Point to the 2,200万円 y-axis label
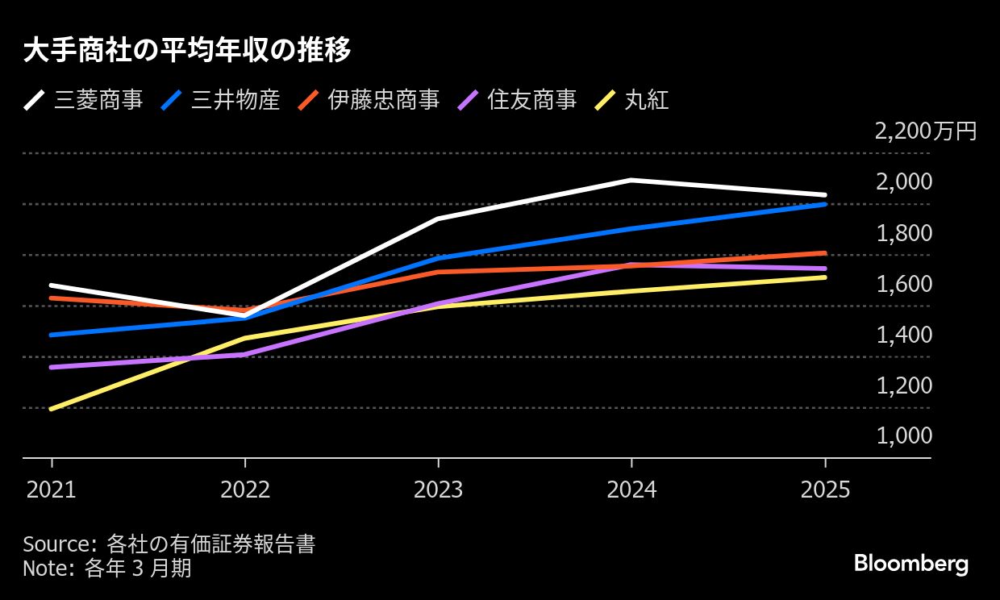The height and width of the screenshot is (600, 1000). click(926, 131)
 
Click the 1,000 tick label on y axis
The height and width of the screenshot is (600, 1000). click(904, 436)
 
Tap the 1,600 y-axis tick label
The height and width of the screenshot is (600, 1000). click(904, 284)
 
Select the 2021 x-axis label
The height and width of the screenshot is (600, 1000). click(51, 490)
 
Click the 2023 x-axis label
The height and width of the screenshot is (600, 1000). click(438, 490)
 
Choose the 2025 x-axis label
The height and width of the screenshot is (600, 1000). click(825, 490)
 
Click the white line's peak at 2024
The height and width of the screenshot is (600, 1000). click(631, 180)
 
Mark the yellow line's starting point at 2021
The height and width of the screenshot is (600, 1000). click(52, 409)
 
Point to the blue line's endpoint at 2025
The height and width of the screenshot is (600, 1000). click(824, 204)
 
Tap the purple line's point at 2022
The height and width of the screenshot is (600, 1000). click(244, 354)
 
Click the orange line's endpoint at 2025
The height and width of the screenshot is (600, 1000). click(824, 253)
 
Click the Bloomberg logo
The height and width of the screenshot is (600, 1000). click(910, 564)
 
